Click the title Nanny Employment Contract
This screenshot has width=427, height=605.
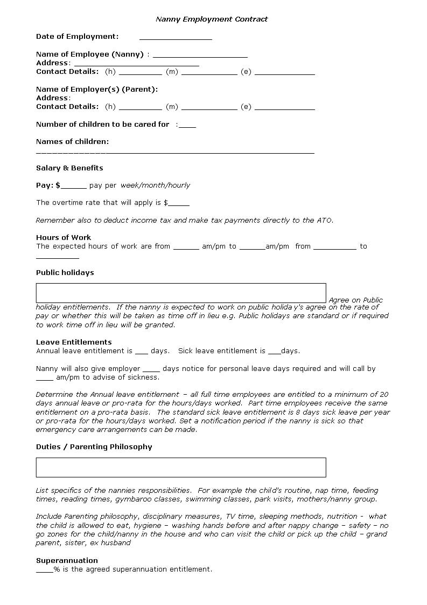click(x=212, y=19)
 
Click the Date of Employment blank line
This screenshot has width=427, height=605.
click(x=176, y=38)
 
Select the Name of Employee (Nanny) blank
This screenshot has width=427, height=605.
click(x=200, y=55)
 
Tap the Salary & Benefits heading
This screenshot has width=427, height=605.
click(x=69, y=168)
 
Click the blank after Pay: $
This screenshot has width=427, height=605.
click(x=74, y=187)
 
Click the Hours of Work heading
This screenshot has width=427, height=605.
click(x=64, y=237)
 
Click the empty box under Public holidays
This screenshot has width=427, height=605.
click(x=181, y=293)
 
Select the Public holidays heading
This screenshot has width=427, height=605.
click(x=65, y=272)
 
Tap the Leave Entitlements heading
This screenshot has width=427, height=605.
click(x=74, y=342)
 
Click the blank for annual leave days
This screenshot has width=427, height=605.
click(x=141, y=352)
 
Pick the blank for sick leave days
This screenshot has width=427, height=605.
click(x=274, y=352)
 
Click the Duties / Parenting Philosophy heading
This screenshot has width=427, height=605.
click(x=94, y=446)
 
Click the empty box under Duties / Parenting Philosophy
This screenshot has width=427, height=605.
click(x=181, y=467)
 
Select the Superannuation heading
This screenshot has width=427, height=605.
click(x=67, y=560)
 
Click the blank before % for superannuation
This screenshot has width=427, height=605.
click(x=44, y=570)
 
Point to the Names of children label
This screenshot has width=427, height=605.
click(x=72, y=141)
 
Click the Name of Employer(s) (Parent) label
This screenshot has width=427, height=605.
click(x=97, y=89)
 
